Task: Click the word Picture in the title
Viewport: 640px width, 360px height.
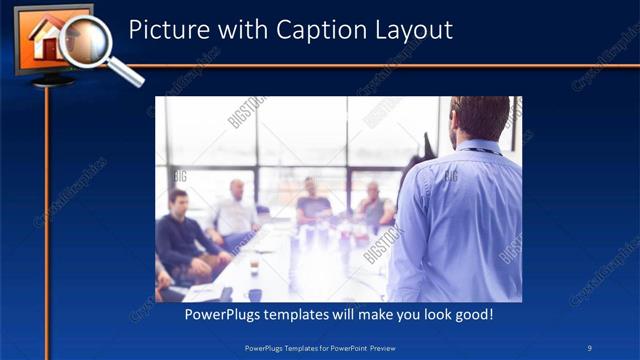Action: point(165,30)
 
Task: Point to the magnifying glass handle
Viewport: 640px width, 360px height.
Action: point(125,72)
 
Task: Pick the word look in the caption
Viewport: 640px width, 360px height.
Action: point(431,314)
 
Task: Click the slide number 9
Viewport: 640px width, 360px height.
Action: point(590,348)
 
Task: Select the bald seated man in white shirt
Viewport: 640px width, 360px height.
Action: point(237,212)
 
